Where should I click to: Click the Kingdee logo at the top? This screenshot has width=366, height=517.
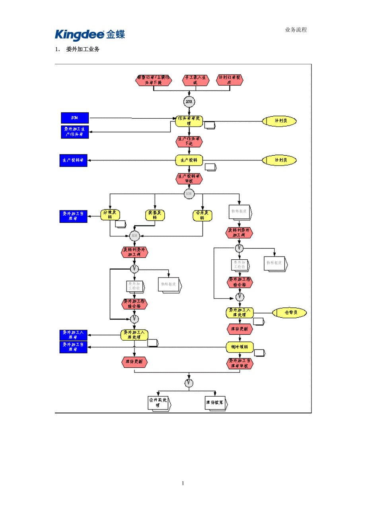pyautogui.click(x=90, y=35)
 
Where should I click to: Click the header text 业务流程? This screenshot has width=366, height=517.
pyautogui.click(x=296, y=30)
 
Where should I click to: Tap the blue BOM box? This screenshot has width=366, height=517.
pyautogui.click(x=74, y=118)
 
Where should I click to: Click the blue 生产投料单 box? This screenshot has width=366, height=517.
pyautogui.click(x=73, y=160)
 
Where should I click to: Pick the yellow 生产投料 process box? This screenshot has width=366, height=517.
pyautogui.click(x=189, y=160)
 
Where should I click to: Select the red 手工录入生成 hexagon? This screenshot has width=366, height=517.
pyautogui.click(x=195, y=80)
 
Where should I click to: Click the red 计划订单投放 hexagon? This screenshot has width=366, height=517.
pyautogui.click(x=230, y=80)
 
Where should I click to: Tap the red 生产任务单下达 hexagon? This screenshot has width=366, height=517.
pyautogui.click(x=189, y=141)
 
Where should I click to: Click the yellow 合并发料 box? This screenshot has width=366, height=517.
pyautogui.click(x=202, y=215)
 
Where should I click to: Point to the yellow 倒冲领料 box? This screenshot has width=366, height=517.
pyautogui.click(x=239, y=347)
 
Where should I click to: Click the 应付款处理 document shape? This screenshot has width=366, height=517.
pyautogui.click(x=158, y=403)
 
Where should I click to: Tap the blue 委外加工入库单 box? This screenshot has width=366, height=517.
pyautogui.click(x=73, y=335)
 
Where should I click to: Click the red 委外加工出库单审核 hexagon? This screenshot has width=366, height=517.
pyautogui.click(x=239, y=363)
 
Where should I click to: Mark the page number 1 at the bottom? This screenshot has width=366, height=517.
pyautogui.click(x=183, y=483)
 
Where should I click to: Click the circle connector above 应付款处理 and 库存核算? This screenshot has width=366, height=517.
pyautogui.click(x=189, y=383)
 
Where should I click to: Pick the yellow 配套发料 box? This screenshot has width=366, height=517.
pyautogui.click(x=155, y=215)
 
